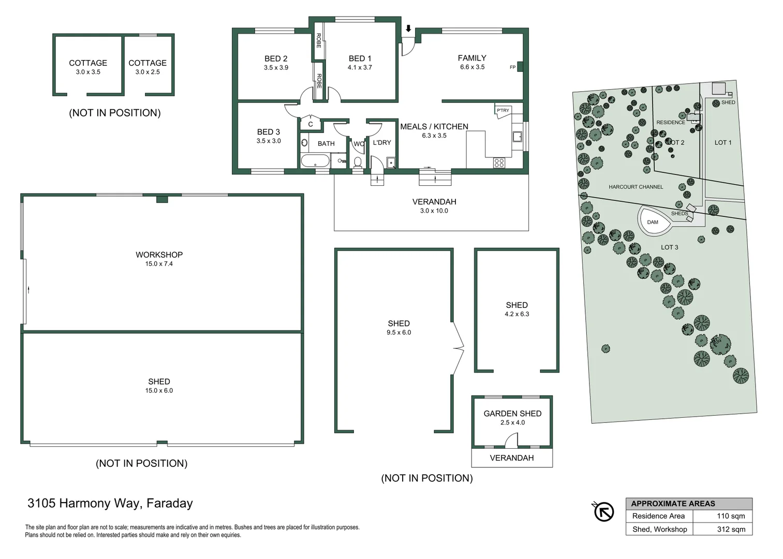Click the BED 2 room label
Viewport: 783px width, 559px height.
click(276, 58)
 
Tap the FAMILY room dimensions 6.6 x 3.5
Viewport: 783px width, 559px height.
click(472, 67)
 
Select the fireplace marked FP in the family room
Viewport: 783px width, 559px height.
click(520, 66)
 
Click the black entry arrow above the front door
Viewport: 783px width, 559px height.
click(408, 28)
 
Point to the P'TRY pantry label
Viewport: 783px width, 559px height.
click(503, 110)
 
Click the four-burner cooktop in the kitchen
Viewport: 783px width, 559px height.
click(499, 163)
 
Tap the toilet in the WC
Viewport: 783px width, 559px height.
click(358, 163)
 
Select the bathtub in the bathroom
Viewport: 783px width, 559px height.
click(315, 161)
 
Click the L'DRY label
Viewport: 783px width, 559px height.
click(382, 143)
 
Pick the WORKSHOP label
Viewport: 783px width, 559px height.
click(159, 255)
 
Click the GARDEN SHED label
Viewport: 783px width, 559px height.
click(512, 414)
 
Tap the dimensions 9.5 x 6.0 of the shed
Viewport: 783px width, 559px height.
click(399, 332)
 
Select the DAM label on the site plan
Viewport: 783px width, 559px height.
click(653, 222)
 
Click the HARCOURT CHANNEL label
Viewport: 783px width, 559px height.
click(636, 187)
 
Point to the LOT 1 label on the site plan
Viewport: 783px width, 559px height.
click(723, 143)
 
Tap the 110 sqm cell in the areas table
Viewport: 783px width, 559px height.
click(731, 516)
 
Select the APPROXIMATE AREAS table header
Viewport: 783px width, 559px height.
click(673, 504)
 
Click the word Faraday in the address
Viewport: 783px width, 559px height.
click(170, 504)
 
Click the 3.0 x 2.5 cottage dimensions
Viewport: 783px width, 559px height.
click(147, 72)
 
